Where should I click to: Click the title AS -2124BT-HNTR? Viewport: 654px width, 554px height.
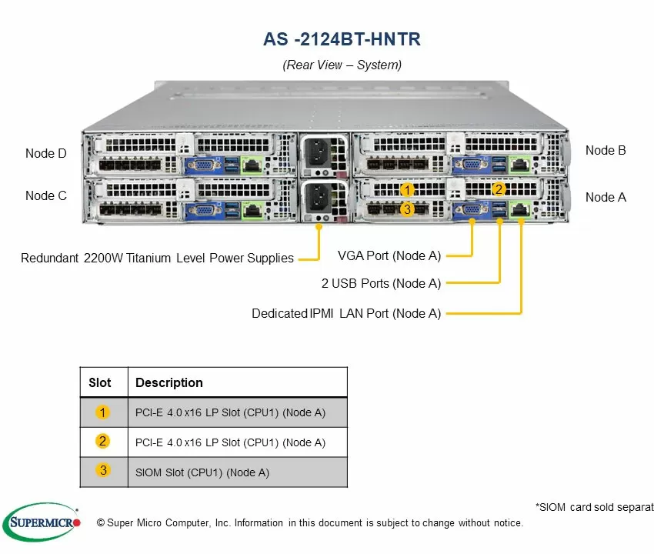342,39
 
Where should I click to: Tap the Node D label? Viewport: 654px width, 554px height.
46,154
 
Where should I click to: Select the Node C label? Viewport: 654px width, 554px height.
46,195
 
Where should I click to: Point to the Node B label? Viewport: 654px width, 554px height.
606,150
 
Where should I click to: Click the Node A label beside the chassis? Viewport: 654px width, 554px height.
606,197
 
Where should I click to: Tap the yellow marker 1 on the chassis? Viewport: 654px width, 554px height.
407,190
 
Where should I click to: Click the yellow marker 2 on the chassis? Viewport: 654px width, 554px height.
498,189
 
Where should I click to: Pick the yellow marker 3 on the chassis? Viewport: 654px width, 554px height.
407,209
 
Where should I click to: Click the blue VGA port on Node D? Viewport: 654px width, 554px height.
204,165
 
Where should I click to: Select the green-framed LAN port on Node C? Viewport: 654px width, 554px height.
252,210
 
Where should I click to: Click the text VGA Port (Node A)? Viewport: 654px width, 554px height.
389,255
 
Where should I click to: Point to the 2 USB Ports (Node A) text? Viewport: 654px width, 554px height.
381,283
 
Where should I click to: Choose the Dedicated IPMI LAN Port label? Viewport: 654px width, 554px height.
346,313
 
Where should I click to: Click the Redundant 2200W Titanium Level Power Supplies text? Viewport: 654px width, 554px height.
157,259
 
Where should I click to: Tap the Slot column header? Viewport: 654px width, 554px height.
100,382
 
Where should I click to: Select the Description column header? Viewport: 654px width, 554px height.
169,382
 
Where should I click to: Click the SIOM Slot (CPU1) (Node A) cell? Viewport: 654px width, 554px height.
202,472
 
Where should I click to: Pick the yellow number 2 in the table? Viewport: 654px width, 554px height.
102,441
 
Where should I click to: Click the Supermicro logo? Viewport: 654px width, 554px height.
42,522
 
